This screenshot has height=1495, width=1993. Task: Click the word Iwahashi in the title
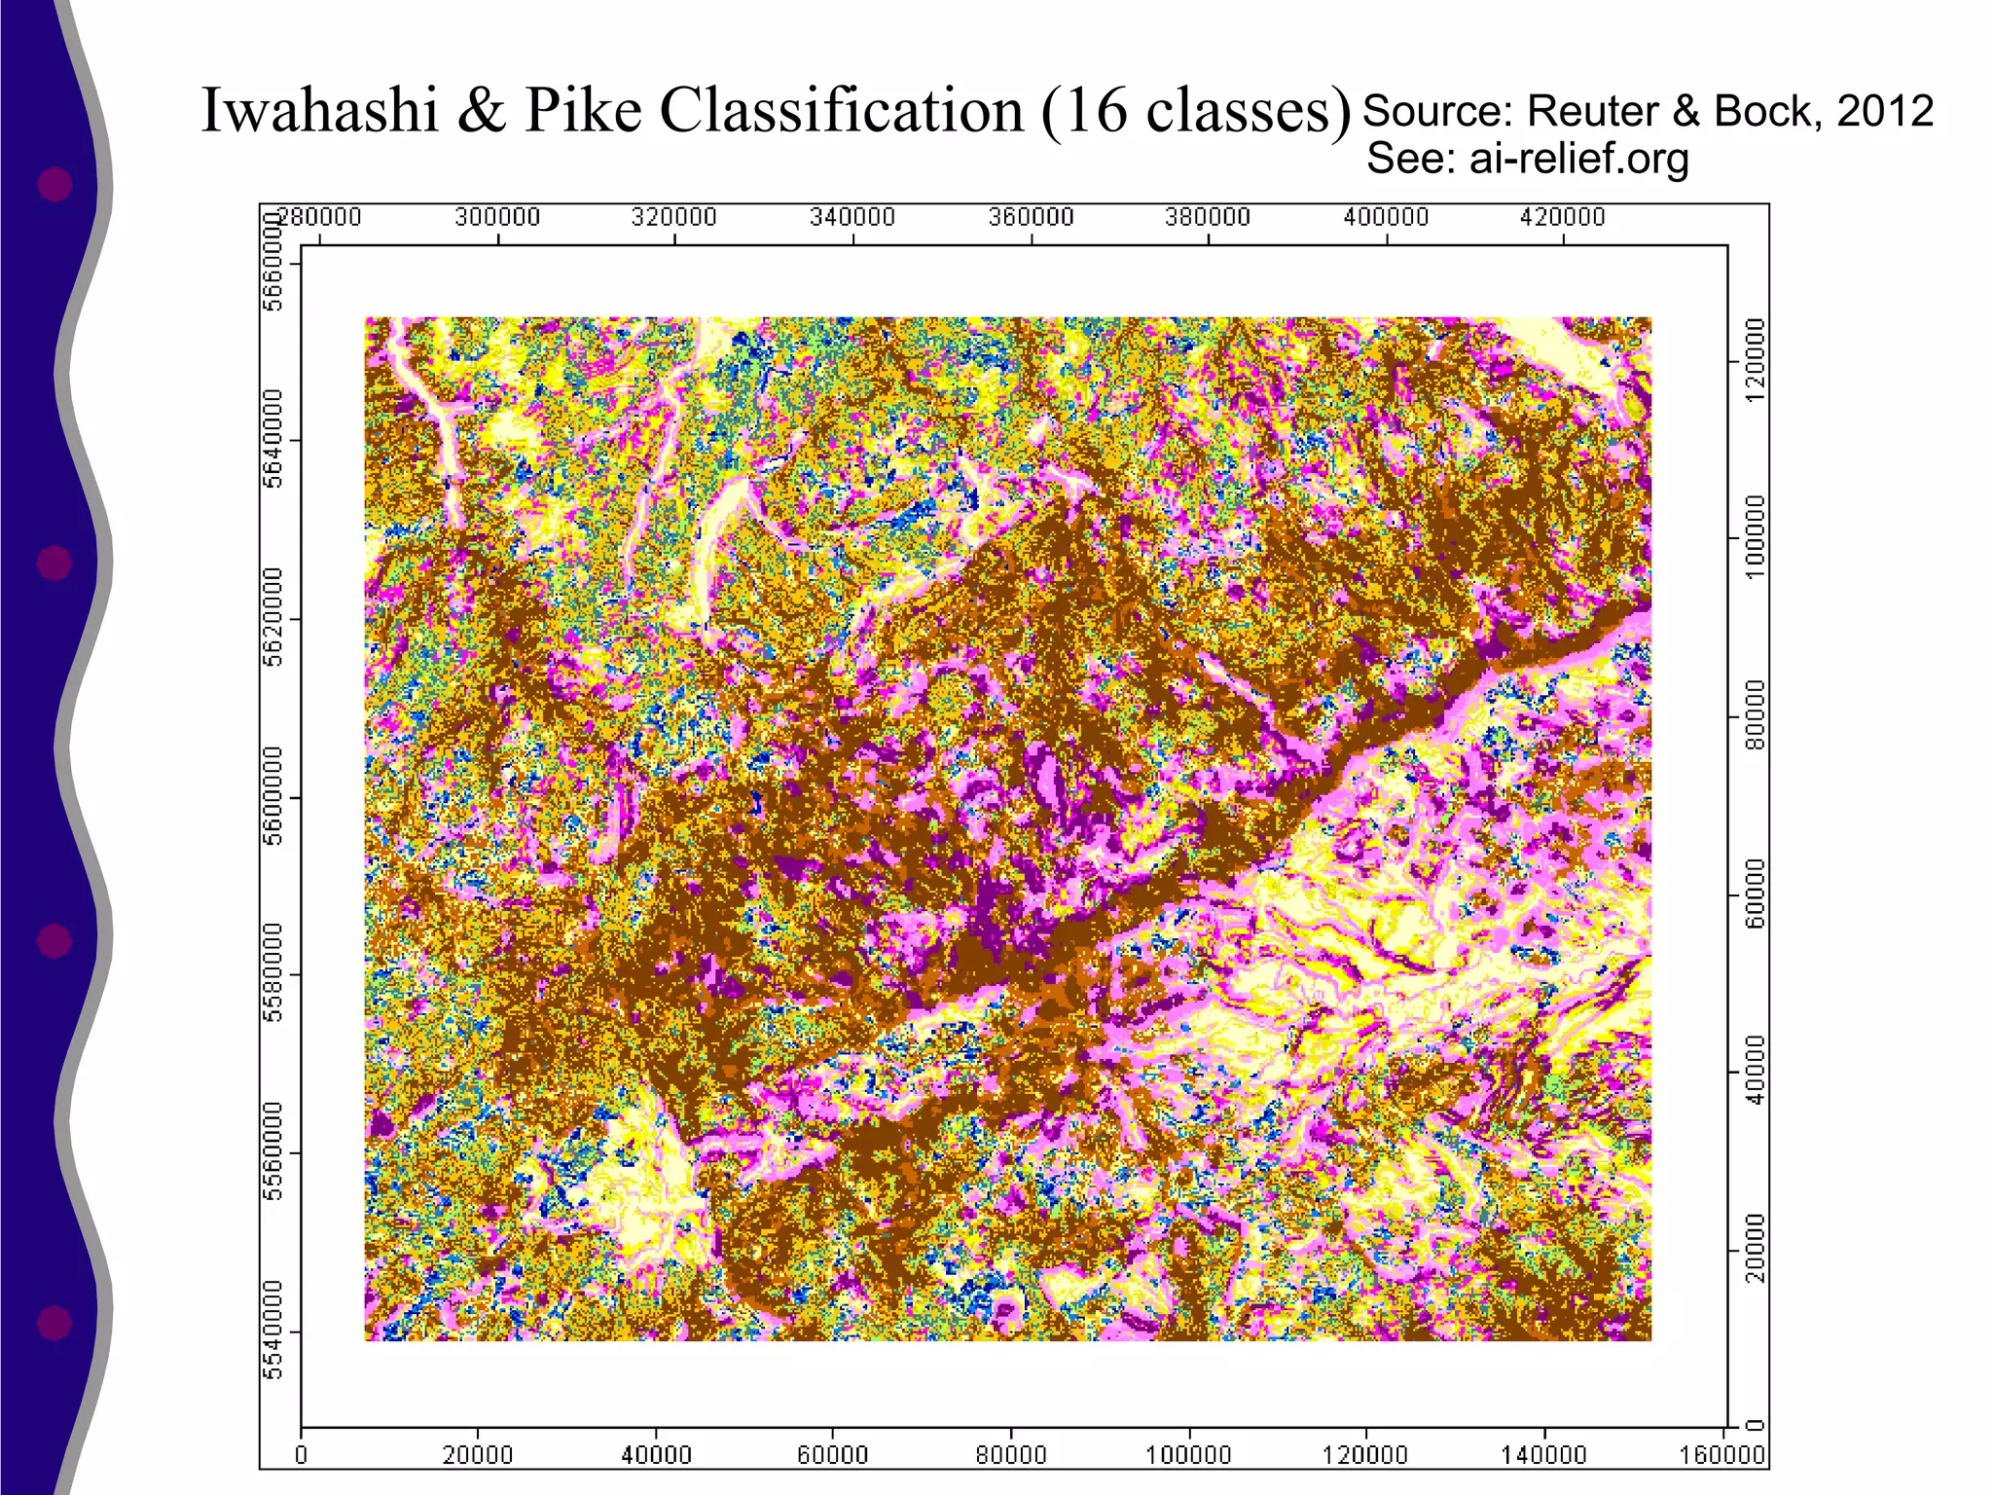pos(320,110)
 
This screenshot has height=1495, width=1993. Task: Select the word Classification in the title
pos(842,110)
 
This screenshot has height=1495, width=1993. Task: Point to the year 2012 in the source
pos(1884,111)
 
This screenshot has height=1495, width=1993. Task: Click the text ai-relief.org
pos(1578,159)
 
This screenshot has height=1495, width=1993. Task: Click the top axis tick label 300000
pos(497,217)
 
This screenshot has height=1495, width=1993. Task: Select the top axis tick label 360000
pos(1031,217)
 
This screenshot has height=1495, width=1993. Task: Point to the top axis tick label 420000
pos(1562,217)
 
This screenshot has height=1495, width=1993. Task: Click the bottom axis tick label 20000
pos(477,1455)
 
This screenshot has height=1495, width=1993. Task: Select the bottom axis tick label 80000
pos(1010,1455)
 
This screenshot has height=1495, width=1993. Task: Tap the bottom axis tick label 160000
pos(1722,1455)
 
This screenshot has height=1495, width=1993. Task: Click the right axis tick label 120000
pos(1755,361)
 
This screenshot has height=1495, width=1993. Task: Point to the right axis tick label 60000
pos(1755,894)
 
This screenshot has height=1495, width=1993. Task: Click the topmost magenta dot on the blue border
pos(54,184)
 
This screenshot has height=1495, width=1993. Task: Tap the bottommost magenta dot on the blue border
pos(54,1323)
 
